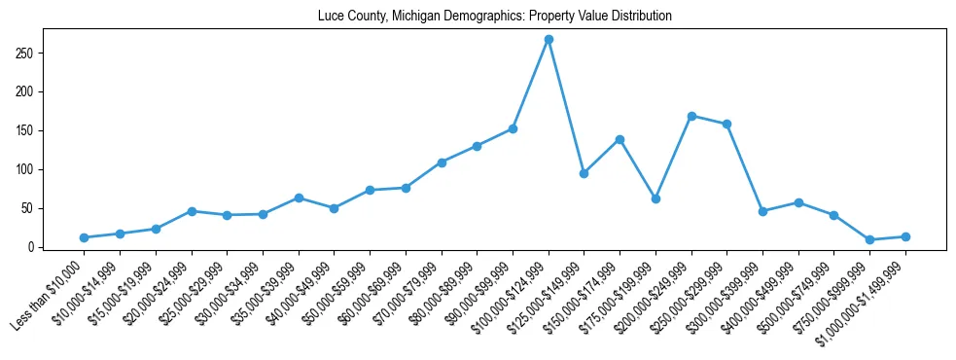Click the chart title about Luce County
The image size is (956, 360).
[x=494, y=17]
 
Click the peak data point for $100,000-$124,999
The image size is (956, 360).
[x=549, y=39]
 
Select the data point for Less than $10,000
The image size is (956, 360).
[x=85, y=237]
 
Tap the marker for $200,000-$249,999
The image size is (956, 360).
[x=691, y=116]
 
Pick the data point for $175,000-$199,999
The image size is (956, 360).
[x=655, y=198]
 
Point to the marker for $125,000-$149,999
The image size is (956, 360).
[x=584, y=173]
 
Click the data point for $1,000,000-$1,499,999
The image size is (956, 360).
[x=905, y=236]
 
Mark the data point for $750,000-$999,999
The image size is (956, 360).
[x=869, y=239]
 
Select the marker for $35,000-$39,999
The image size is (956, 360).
[x=299, y=198]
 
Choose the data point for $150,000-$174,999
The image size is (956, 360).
[x=620, y=139]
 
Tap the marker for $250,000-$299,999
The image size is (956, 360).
[x=726, y=124]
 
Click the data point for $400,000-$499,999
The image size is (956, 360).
[x=798, y=202]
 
